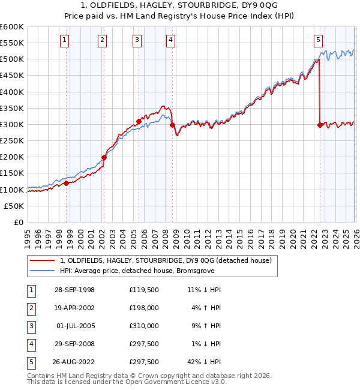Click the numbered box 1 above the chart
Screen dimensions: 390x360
coord(65,40)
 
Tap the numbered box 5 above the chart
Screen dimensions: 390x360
coord(318,40)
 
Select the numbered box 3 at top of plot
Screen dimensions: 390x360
coord(137,40)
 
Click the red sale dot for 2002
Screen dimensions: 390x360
coord(104,158)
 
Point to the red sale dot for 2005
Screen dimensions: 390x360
coord(139,121)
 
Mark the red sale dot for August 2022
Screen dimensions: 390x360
coord(320,125)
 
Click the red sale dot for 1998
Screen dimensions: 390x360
coord(67,183)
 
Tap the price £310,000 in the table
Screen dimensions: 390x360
coord(144,326)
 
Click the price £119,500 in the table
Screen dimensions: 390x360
coord(144,290)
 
